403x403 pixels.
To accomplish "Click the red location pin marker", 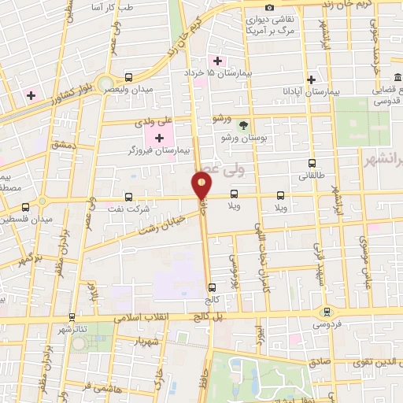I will point(201,186).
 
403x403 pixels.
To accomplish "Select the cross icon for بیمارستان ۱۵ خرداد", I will point(217,61).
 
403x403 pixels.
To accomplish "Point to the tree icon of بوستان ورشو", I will point(243,124).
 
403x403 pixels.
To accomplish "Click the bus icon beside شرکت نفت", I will point(129,198).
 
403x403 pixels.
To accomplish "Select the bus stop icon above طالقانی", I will point(313,164).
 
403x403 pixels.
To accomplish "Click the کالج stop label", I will point(211,300).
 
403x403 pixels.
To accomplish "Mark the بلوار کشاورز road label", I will point(60,98).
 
